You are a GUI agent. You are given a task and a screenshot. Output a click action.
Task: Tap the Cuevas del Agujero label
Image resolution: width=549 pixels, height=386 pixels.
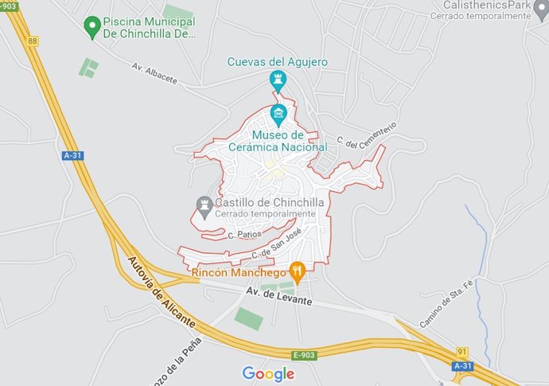pyautogui.click(x=277, y=61)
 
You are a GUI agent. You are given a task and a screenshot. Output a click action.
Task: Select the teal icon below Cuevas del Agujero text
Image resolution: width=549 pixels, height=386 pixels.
pyautogui.click(x=278, y=80)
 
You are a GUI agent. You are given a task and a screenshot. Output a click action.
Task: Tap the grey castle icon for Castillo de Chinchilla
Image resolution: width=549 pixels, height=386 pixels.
pyautogui.click(x=204, y=205)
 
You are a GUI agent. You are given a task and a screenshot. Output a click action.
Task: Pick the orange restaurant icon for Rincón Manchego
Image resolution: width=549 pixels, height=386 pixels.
pyautogui.click(x=298, y=271)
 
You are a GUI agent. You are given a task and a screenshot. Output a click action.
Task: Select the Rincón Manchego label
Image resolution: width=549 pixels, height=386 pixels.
pyautogui.click(x=239, y=272)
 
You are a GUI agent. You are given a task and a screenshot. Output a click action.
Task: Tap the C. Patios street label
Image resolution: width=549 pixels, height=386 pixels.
pyautogui.click(x=244, y=235)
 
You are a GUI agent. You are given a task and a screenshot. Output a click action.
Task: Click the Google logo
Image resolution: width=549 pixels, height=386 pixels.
pyautogui.click(x=268, y=373)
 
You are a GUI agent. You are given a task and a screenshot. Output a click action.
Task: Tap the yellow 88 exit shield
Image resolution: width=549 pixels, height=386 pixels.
pyautogui.click(x=33, y=40)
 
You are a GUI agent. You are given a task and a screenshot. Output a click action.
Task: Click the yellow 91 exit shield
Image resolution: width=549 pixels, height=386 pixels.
pyautogui.click(x=461, y=350)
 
